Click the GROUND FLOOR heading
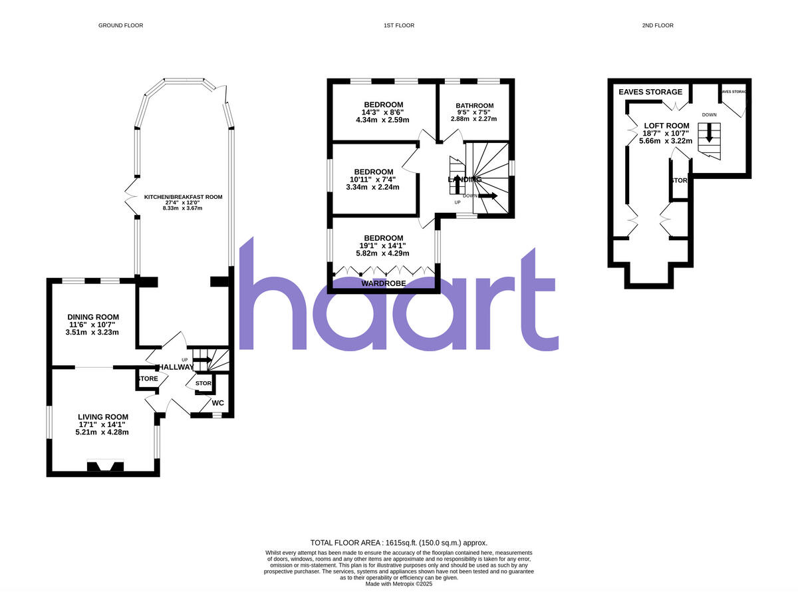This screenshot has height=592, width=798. [120, 25]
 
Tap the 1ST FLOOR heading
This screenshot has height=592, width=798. [398, 25]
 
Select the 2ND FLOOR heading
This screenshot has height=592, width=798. [657, 25]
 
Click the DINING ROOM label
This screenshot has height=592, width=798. [93, 317]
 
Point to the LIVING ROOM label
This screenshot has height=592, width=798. [102, 417]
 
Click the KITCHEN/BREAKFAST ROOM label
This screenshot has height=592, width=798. [183, 197]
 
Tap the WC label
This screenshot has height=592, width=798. [217, 402]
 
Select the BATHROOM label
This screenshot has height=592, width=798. [474, 106]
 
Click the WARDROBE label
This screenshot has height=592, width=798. [383, 284]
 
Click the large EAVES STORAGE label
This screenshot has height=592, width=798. [650, 92]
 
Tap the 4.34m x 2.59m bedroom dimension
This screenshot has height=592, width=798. [382, 120]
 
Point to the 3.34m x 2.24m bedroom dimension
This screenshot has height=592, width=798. [372, 187]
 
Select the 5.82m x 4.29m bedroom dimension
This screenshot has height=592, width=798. [382, 253]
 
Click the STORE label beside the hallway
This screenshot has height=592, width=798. [148, 378]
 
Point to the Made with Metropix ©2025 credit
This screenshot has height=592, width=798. [399, 584]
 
